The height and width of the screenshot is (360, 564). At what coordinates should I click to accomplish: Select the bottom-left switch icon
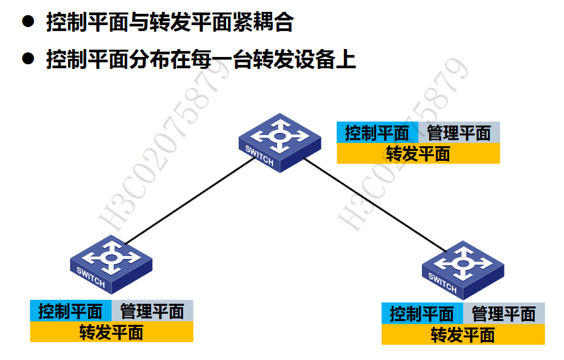point(111,263)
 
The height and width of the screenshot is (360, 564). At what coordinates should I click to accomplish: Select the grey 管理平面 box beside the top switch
point(459,132)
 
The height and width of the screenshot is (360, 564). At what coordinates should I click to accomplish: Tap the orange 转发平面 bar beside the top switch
point(418,154)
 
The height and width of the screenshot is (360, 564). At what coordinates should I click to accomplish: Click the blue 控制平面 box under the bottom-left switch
point(71,310)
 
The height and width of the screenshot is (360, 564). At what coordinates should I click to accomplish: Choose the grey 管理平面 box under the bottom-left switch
point(152,310)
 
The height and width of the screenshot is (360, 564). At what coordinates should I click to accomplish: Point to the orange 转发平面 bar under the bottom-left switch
point(111,332)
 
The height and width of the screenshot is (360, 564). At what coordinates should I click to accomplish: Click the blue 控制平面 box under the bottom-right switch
point(422,313)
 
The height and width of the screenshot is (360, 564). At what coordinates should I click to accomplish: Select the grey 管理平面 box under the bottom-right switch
point(504,313)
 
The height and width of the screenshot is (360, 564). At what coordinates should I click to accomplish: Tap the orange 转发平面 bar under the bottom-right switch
point(463,334)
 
